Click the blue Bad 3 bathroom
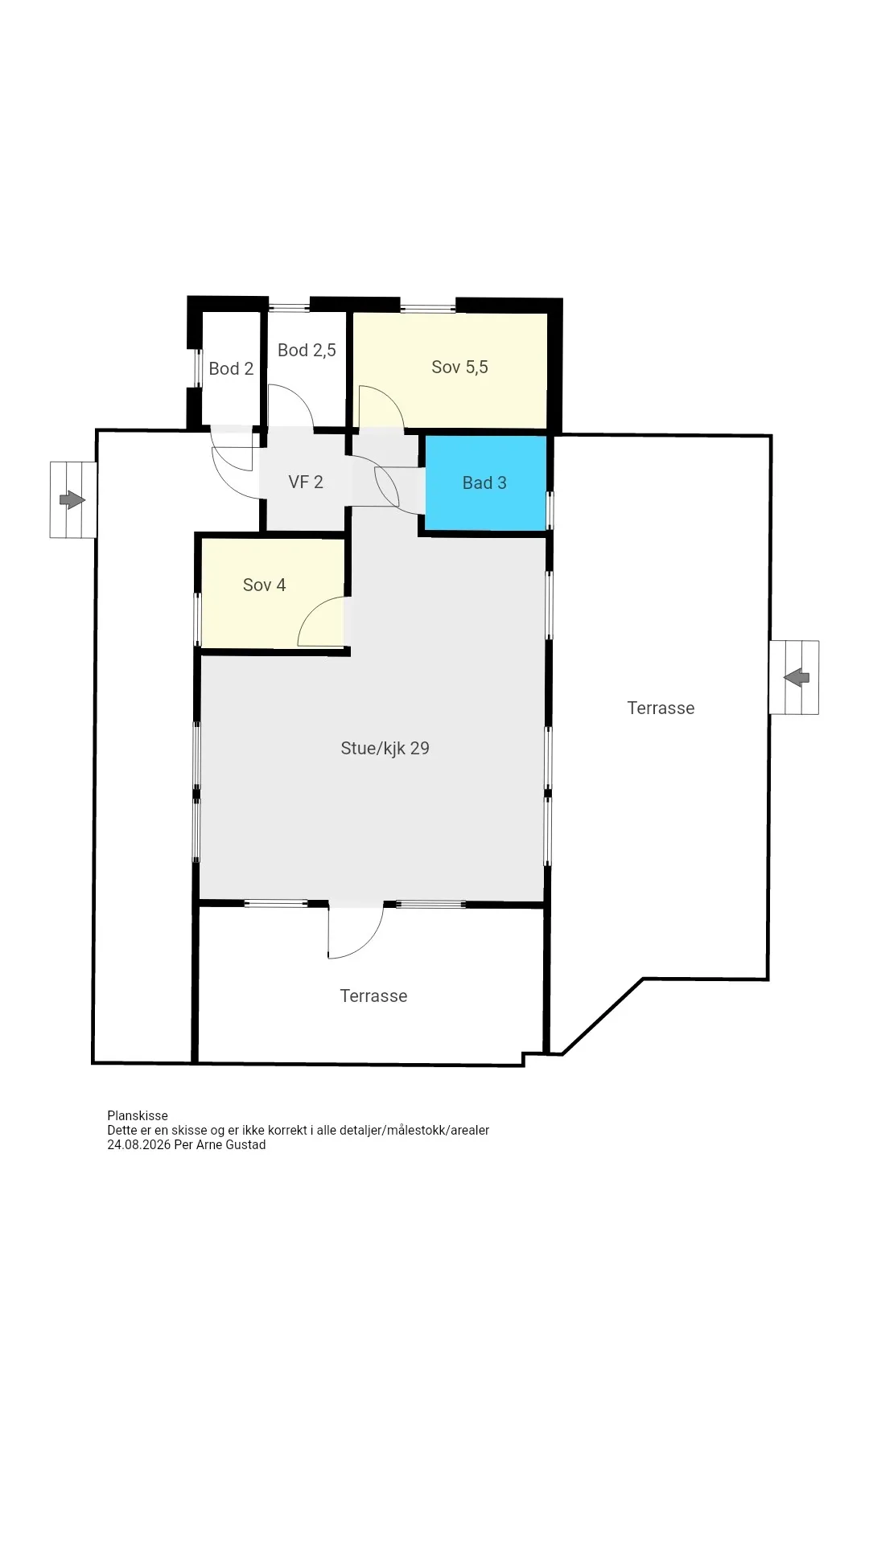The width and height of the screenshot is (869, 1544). point(485,482)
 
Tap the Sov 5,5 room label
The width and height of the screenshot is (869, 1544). point(459,367)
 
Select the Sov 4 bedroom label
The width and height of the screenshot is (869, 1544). point(264,585)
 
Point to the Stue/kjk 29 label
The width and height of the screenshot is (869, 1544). point(385,748)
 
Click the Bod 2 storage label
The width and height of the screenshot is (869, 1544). point(231,368)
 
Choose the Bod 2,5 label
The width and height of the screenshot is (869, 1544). point(307,350)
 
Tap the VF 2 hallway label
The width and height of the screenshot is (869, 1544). point(306,482)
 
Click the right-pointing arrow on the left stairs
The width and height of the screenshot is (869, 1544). point(72,499)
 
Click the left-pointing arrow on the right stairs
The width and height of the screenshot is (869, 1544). point(797,677)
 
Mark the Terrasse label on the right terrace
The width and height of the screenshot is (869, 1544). point(661,708)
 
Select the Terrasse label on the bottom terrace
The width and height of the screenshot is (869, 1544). point(373,996)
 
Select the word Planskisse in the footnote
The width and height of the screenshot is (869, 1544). point(138,1115)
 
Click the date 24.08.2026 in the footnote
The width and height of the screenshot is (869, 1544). point(138,1144)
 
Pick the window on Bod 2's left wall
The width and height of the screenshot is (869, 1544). point(198,368)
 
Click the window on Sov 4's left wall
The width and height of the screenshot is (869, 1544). point(197,618)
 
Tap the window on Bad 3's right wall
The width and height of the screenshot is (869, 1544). point(550,510)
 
